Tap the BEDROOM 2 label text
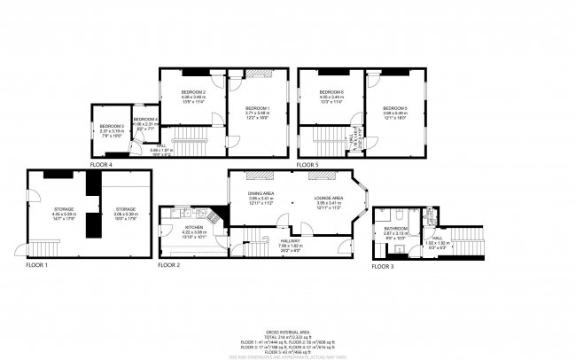193,92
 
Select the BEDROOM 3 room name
111,127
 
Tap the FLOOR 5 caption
307,165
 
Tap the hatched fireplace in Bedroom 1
258,74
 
